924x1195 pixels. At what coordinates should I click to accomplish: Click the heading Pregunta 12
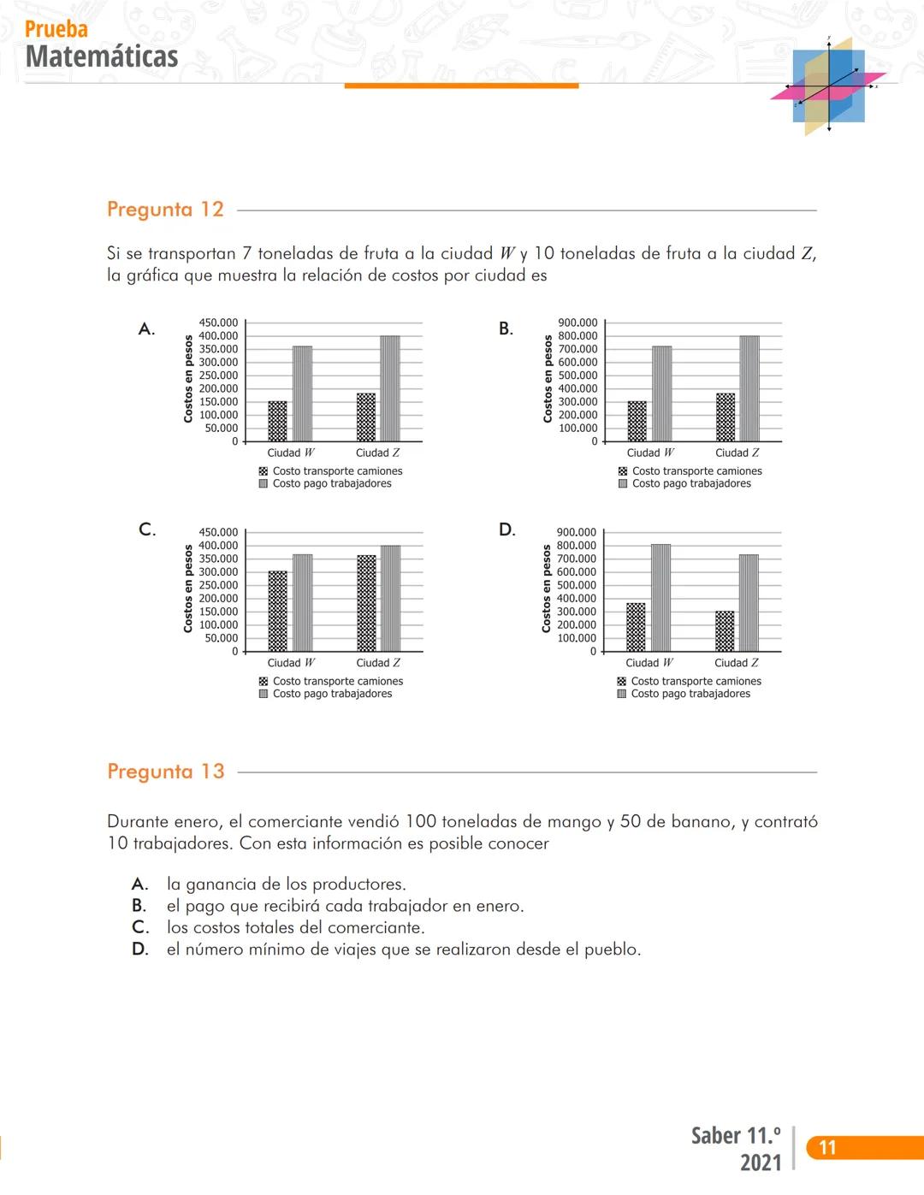[165, 210]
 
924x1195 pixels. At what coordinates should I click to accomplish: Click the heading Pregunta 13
[166, 772]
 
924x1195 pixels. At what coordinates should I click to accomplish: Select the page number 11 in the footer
[827, 1148]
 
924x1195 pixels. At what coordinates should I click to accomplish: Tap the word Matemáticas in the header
[102, 56]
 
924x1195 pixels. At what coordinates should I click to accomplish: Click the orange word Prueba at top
[56, 29]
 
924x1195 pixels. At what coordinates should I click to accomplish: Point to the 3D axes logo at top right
[828, 86]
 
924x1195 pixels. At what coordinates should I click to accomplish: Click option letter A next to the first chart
[146, 329]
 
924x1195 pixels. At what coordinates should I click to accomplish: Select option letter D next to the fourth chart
[507, 530]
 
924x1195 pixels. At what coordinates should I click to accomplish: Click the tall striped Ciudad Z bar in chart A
[389, 388]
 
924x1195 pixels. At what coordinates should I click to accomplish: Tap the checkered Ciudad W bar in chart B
[637, 421]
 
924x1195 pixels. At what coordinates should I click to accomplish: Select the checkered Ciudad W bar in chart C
[277, 611]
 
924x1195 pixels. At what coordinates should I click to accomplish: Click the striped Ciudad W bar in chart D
[660, 597]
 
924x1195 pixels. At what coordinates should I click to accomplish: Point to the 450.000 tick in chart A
[218, 322]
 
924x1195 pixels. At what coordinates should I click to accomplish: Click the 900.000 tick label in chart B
[577, 322]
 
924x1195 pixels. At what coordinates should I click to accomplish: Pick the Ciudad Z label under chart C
[378, 663]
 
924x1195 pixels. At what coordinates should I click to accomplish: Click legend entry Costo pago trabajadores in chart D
[690, 694]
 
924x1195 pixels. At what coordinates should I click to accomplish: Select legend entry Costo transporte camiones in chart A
[337, 471]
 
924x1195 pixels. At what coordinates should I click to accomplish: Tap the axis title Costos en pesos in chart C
[188, 590]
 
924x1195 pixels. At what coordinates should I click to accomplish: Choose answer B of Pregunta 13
[345, 906]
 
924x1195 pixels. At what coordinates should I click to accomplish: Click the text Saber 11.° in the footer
[736, 1136]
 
